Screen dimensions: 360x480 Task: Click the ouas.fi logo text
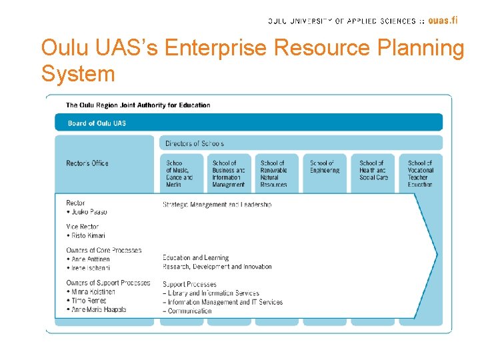pos(443,20)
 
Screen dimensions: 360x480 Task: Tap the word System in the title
pos(78,73)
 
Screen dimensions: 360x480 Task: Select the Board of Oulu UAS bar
pos(248,123)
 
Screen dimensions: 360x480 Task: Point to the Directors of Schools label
pos(195,143)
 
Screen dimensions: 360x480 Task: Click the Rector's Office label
pos(87,163)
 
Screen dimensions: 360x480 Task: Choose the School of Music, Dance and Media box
pos(179,173)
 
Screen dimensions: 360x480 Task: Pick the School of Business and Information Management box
pos(229,173)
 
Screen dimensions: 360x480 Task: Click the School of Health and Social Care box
pos(373,171)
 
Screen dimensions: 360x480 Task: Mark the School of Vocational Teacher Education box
pos(421,173)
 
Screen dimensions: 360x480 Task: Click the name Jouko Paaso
pos(89,212)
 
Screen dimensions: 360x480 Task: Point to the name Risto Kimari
pos(88,235)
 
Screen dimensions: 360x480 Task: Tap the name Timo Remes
pos(88,301)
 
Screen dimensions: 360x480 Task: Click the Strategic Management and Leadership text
pos(217,205)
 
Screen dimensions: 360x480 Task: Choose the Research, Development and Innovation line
pos(217,267)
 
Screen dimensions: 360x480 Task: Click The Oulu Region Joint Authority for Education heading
pos(138,105)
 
